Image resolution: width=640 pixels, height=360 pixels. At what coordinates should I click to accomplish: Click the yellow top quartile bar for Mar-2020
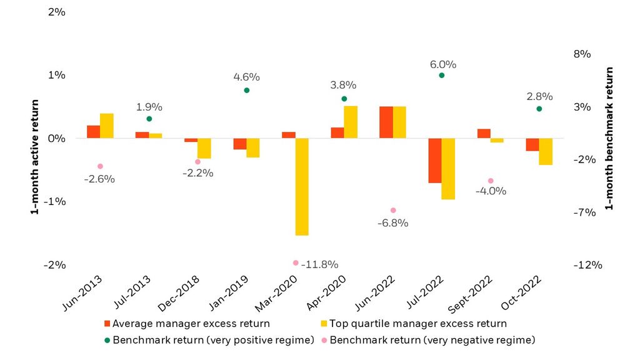pos(302,186)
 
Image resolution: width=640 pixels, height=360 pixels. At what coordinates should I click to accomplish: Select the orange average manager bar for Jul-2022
pos(434,161)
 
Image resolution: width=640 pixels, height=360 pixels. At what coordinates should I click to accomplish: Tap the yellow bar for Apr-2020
pos(351,122)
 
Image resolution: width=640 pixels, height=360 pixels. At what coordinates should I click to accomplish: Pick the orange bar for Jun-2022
pos(386,122)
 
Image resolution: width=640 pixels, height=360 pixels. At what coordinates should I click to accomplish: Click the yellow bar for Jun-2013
pos(107,126)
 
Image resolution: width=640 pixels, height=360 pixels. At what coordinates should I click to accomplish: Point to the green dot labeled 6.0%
pos(441,75)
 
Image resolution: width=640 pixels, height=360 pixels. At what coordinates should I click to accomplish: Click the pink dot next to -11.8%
pos(296,263)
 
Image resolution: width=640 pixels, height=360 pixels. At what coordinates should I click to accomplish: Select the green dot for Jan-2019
pos(246,90)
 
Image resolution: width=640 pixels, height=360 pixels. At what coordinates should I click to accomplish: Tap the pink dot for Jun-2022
pos(393,211)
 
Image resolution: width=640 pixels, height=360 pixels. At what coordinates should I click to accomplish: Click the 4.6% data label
pos(246,77)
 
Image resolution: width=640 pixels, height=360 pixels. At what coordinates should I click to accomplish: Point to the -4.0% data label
pos(491,191)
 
